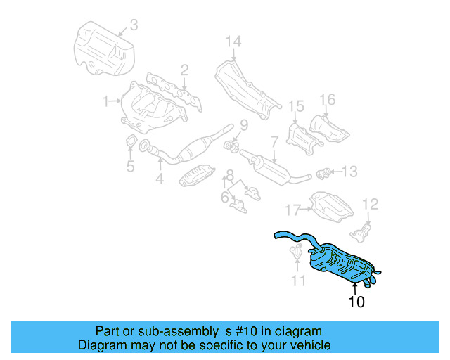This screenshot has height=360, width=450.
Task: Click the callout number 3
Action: (134, 25)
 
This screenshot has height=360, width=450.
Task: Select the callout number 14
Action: (233, 43)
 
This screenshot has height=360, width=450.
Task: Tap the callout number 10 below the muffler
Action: (356, 302)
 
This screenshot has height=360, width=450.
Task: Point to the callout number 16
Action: (328, 99)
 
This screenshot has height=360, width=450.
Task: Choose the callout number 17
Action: (292, 209)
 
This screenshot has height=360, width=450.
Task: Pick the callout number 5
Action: (130, 167)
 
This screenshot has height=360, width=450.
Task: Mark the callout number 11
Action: (299, 281)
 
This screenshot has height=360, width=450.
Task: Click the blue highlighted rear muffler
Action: (341, 261)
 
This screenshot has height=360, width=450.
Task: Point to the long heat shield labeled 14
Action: (243, 88)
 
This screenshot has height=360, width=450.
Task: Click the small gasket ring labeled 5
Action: (130, 146)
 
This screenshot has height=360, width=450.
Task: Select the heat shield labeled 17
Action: (330, 206)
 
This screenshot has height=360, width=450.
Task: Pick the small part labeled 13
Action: (324, 172)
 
